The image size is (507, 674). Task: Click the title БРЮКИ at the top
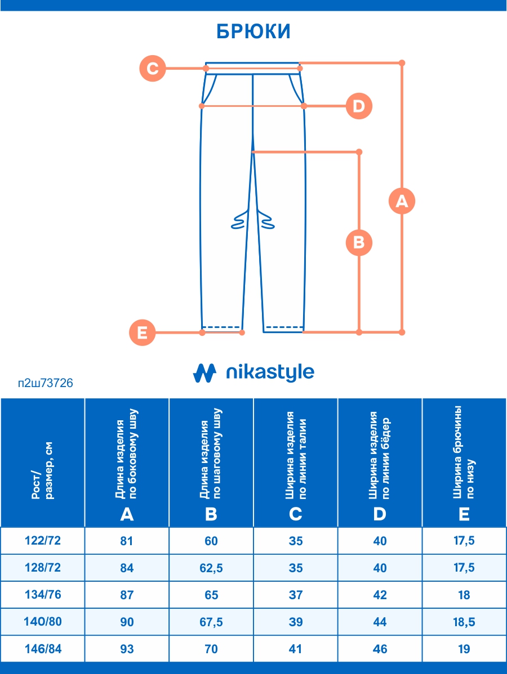(x=253, y=32)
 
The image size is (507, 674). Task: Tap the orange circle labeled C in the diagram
(x=153, y=69)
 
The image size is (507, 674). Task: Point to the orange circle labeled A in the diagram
(x=402, y=201)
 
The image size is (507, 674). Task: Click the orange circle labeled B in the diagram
(x=359, y=242)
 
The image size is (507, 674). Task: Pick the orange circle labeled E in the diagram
(x=142, y=332)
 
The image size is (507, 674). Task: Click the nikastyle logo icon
(x=204, y=372)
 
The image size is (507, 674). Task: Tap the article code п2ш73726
(x=46, y=384)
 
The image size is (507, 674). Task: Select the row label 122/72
(x=43, y=541)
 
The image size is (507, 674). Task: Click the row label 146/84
(x=43, y=649)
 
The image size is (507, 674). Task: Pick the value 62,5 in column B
(x=211, y=568)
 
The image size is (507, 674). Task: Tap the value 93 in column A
(x=127, y=649)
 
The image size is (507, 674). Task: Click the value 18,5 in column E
(x=464, y=622)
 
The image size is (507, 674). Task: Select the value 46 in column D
(x=380, y=649)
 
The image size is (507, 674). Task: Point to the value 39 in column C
(x=296, y=622)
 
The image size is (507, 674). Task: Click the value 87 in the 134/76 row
(x=127, y=595)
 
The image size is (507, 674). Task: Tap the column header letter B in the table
(x=211, y=514)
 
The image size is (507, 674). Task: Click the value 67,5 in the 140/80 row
(x=211, y=622)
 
